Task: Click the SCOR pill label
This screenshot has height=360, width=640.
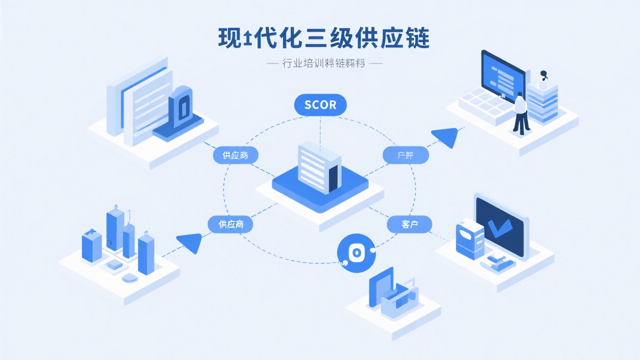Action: [x=320, y=105]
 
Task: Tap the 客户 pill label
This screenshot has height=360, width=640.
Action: [x=409, y=224]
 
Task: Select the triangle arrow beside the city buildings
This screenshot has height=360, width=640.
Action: [x=190, y=242]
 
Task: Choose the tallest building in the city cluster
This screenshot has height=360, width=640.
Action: [x=115, y=230]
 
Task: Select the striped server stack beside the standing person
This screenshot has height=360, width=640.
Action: [x=542, y=102]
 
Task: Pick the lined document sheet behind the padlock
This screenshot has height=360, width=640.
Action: [x=148, y=105]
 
